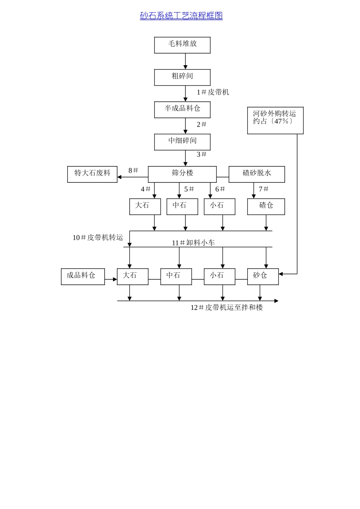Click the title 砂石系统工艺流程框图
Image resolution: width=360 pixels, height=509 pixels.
181,16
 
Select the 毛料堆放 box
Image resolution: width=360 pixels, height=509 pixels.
182,45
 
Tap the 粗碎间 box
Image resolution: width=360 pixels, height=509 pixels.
182,77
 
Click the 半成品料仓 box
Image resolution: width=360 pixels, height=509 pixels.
182,110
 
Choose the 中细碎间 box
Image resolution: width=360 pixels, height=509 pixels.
182,142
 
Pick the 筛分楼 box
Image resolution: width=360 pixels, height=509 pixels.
182,174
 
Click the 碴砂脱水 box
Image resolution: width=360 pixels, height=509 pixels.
257,174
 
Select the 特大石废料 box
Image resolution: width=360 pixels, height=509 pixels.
92,174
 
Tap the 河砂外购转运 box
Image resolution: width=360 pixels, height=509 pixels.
275,120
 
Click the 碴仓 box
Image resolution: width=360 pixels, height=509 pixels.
266,206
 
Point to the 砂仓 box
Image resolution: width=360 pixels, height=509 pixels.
263,276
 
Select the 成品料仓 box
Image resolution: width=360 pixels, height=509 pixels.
83,276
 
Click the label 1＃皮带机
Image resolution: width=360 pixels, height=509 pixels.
213,92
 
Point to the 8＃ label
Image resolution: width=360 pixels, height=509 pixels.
133,171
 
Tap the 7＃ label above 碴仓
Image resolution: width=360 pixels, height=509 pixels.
263,189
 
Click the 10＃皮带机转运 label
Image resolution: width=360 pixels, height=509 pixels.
98,237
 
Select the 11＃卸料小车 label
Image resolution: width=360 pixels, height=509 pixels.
193,243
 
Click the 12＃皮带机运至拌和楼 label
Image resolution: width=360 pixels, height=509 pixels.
227,308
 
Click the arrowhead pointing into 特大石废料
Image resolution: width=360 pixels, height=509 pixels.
119,177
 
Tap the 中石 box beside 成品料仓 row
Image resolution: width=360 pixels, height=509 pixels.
176,276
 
